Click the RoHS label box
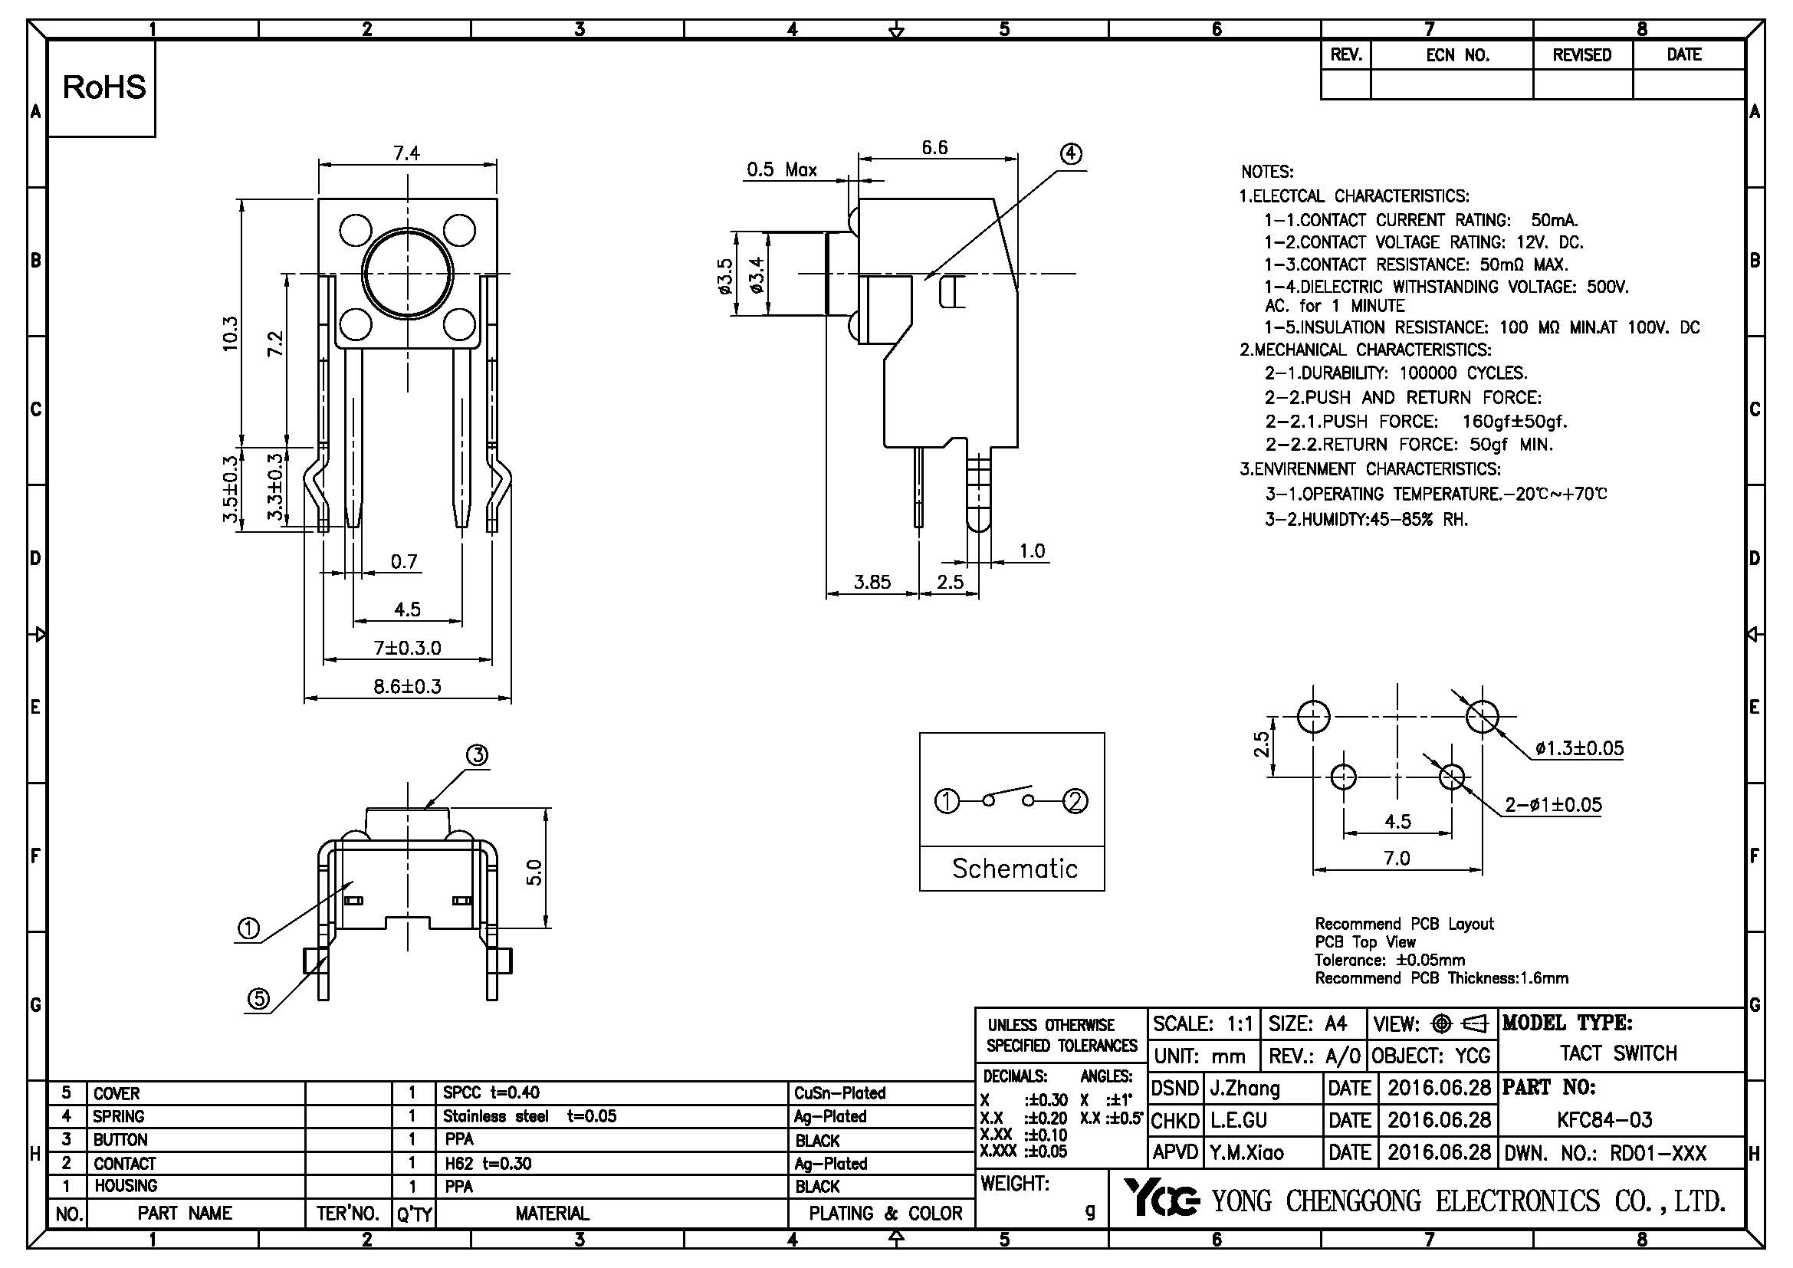pyautogui.click(x=103, y=87)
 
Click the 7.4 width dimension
pyautogui.click(x=407, y=153)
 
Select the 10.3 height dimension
pyautogui.click(x=230, y=333)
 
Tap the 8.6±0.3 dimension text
pyautogui.click(x=407, y=687)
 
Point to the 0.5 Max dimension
pyautogui.click(x=782, y=169)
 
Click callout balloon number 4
pyautogui.click(x=1071, y=154)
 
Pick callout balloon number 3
pyautogui.click(x=477, y=755)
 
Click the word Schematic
pyautogui.click(x=1014, y=869)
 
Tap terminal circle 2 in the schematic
pyautogui.click(x=1076, y=801)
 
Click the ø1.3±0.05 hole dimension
pyautogui.click(x=1579, y=748)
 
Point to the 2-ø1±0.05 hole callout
pyautogui.click(x=1553, y=804)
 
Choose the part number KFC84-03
pyautogui.click(x=1604, y=1119)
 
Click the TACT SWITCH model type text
pyautogui.click(x=1618, y=1053)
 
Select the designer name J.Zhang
pyautogui.click(x=1245, y=1088)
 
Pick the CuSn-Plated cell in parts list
pyautogui.click(x=840, y=1093)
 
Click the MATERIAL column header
pyautogui.click(x=552, y=1214)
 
